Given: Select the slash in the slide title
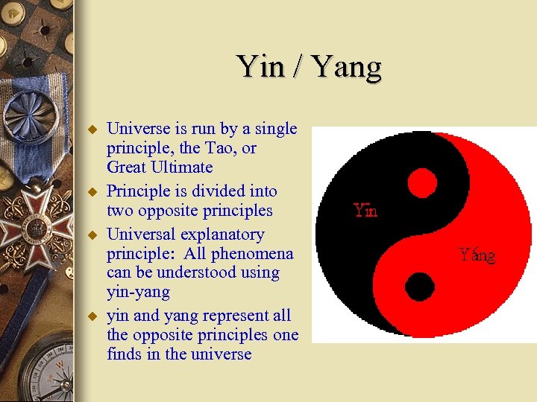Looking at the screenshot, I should point(299,67).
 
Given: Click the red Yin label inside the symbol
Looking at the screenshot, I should point(365,210).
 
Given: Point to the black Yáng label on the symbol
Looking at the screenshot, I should point(477,255).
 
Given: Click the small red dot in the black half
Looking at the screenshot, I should point(422,182).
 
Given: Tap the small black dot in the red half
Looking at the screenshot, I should point(420,286).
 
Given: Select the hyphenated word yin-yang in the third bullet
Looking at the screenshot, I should point(138,293).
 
